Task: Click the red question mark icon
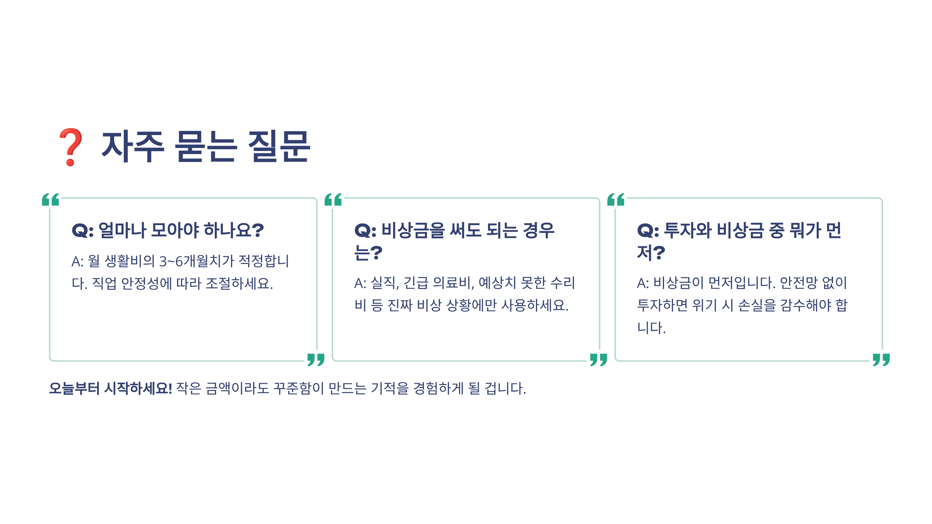pos(70,147)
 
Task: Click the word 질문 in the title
pos(279,146)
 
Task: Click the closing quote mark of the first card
pos(316,359)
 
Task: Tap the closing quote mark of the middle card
pos(598,359)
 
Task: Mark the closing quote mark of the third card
pos(881,359)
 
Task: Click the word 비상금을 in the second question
pos(413,230)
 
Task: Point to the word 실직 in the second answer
pos(384,283)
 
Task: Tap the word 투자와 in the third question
pos(688,230)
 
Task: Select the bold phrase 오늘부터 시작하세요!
pos(111,388)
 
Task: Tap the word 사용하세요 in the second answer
pos(534,305)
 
